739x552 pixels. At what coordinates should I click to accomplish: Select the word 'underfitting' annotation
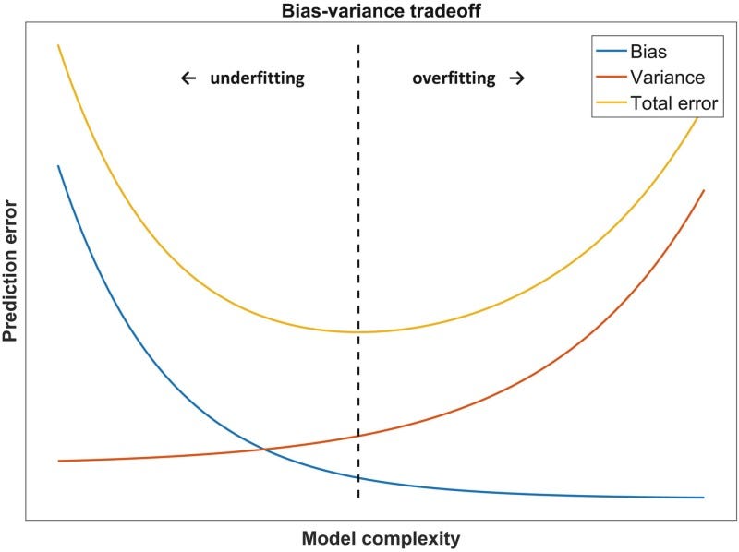click(257, 78)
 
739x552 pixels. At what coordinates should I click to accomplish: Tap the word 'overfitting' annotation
click(454, 78)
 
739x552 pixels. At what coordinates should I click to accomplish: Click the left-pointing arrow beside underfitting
click(188, 78)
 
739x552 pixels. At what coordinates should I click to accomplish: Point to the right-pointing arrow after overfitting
click(517, 78)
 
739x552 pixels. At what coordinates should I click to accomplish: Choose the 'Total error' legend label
click(673, 102)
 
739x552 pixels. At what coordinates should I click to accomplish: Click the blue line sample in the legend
click(610, 53)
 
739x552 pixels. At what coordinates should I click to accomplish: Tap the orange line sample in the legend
click(610, 78)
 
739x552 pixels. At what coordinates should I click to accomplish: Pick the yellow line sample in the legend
click(610, 102)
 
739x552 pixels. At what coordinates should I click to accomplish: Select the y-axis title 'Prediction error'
click(11, 270)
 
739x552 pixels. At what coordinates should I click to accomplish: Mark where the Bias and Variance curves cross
click(264, 450)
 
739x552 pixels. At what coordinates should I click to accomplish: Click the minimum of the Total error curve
click(358, 332)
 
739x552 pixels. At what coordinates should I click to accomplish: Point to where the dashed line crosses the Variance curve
click(358, 436)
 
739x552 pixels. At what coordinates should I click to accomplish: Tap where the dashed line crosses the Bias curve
click(358, 478)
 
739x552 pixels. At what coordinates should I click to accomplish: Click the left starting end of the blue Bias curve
click(58, 166)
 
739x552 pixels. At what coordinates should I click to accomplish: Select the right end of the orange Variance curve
click(705, 190)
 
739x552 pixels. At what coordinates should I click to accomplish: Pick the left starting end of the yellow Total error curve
click(58, 44)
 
